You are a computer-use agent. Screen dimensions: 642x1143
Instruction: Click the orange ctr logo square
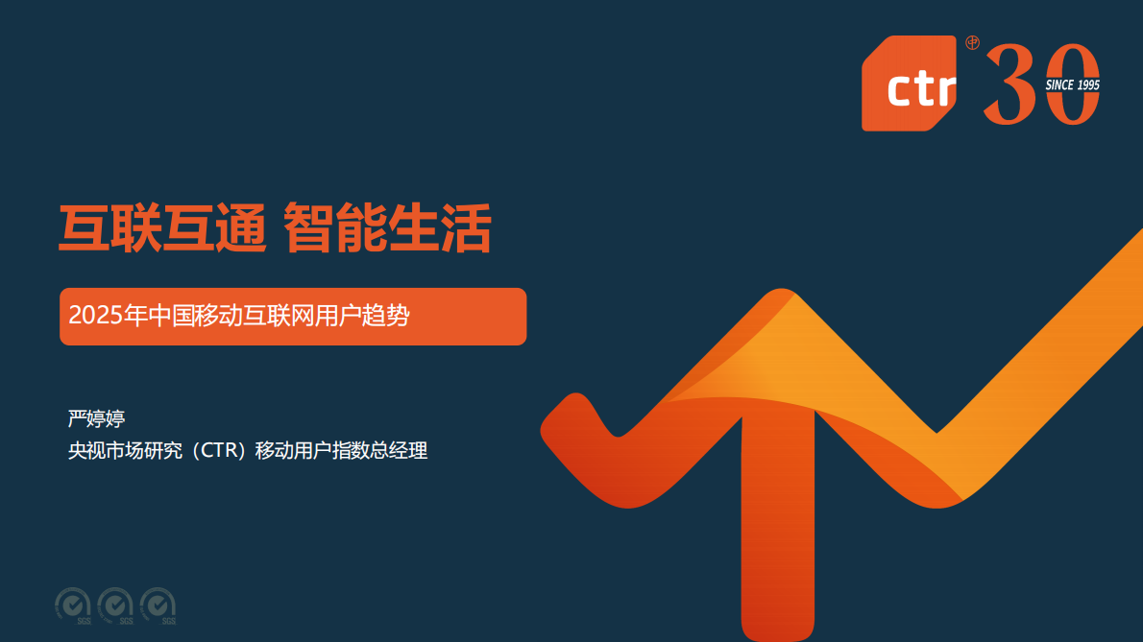coord(909,83)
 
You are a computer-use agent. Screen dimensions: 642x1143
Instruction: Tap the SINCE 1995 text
coord(1072,85)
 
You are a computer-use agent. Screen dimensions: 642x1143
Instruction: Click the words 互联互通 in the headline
coord(162,228)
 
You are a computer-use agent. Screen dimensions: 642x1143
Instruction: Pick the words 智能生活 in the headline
coord(388,228)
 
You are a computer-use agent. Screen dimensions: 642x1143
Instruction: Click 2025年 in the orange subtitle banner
coord(99,316)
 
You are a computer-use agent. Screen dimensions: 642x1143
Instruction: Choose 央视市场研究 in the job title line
coord(123,450)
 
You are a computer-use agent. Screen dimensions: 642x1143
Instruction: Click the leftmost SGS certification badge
coord(73,605)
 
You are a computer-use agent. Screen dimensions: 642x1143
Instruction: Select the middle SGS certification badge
coord(115,605)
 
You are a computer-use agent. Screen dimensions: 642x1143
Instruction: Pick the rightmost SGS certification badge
coord(158,605)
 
